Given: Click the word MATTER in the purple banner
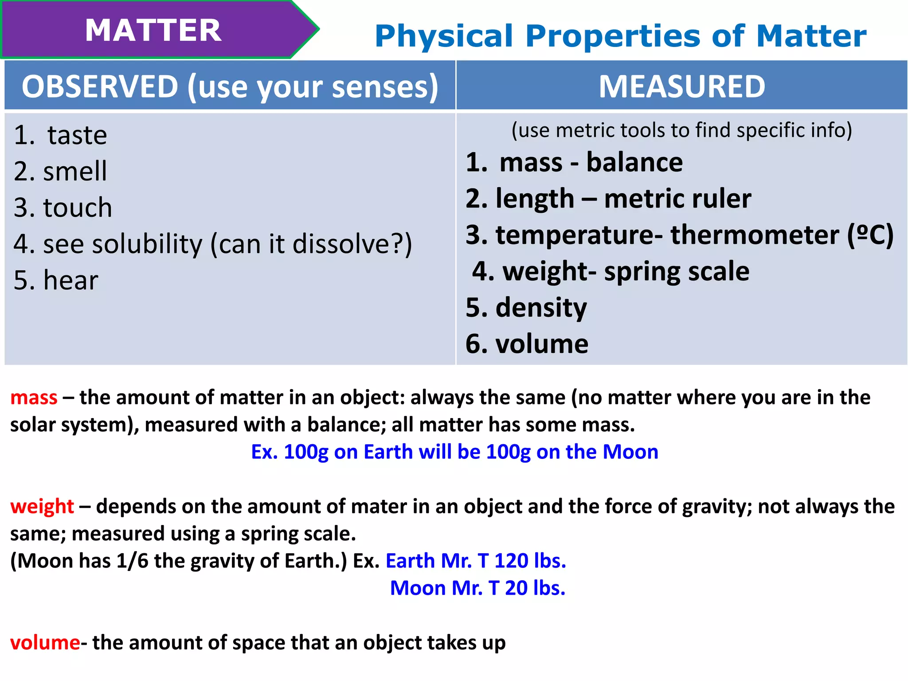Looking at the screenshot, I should (x=153, y=31).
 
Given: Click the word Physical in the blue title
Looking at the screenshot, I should (x=443, y=36).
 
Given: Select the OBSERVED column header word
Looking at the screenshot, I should (x=100, y=86).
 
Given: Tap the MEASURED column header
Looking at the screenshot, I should (x=681, y=86).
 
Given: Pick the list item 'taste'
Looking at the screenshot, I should (x=77, y=135).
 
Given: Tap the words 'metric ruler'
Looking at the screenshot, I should (x=677, y=199).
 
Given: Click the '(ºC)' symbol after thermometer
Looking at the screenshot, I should (x=870, y=235).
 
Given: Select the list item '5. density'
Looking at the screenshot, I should (x=526, y=308).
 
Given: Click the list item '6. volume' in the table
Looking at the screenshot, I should (x=527, y=344).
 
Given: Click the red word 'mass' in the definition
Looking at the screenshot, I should (x=34, y=398).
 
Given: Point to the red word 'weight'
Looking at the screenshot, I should (x=42, y=506).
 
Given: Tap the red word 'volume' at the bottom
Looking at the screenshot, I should (x=45, y=642).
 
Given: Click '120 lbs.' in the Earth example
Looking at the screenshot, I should (x=530, y=561).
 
